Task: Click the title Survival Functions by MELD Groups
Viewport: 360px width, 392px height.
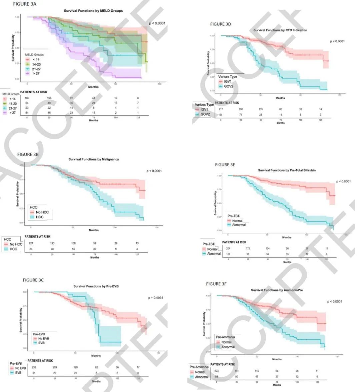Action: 93,11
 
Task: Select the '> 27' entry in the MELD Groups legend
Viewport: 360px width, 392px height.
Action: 35,73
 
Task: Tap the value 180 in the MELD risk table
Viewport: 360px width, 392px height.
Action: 27,98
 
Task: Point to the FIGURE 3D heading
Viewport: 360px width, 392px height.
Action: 220,24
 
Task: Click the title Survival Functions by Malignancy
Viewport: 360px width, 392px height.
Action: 94,159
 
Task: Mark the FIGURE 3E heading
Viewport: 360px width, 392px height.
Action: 227,165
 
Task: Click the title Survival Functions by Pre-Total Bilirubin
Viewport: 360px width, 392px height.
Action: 287,170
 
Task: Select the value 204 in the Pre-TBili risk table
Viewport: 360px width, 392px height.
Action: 229,248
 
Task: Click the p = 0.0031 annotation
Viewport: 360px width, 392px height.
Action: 156,298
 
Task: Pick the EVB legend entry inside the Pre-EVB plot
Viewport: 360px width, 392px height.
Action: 41,343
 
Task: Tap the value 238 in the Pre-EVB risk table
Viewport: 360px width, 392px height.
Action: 34,367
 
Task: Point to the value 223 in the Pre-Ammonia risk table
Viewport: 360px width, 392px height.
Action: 217,371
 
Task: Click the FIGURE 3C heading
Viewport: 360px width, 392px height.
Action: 33,280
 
